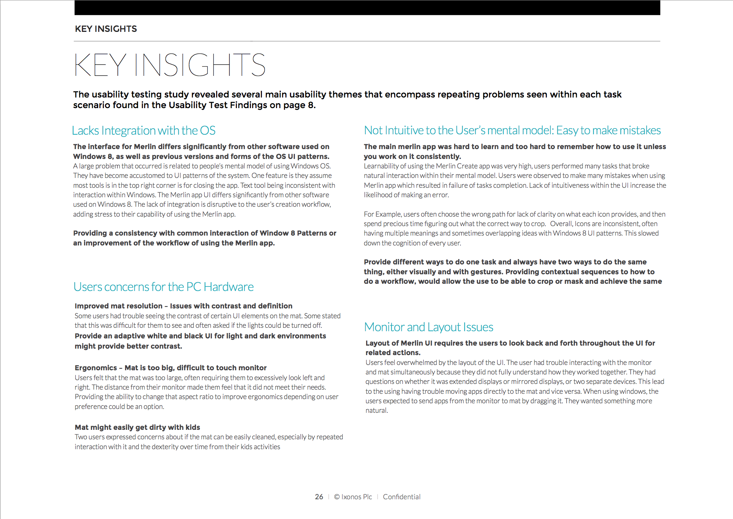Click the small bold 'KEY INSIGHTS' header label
pos(106,29)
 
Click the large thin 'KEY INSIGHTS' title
pos(169,65)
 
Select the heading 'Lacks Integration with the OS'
pos(144,131)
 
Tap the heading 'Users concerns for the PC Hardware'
pos(163,287)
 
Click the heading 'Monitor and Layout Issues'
pos(428,327)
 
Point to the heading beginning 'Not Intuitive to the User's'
pos(512,131)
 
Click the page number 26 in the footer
pos(319,497)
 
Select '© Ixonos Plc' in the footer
pos(353,497)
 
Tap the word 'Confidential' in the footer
pos(401,497)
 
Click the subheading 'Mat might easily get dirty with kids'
pos(137,428)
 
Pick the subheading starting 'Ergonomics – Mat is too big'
pos(171,368)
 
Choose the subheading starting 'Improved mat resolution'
pos(183,306)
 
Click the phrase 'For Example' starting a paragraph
pos(382,214)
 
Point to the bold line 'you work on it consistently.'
pos(412,157)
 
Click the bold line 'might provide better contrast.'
pos(128,346)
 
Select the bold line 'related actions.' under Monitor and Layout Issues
pos(393,353)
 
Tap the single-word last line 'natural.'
pos(376,410)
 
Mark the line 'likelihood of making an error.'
pos(406,195)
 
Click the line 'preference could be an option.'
pos(119,407)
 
